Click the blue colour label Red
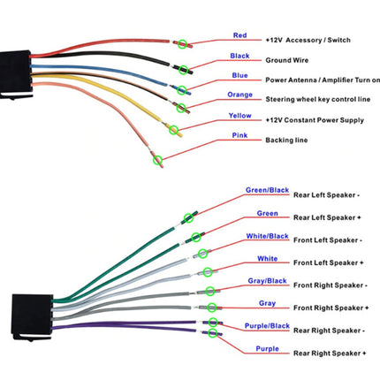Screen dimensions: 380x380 [x=239, y=35]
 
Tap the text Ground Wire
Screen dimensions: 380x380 [x=287, y=60]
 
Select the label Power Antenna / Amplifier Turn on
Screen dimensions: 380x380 [x=323, y=80]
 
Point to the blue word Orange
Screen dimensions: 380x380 [x=239, y=95]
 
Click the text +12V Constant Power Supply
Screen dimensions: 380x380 [x=315, y=120]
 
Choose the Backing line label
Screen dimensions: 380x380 [x=286, y=141]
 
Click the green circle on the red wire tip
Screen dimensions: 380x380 [x=182, y=44]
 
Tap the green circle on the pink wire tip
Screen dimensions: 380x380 [x=157, y=160]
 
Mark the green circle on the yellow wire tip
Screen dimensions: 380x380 [x=174, y=130]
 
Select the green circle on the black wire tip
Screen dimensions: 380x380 [x=183, y=70]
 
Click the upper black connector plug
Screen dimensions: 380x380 [x=15, y=74]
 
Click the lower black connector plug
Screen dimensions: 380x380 [x=32, y=316]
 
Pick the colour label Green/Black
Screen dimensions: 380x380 [x=267, y=190]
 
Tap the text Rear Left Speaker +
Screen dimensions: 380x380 [x=327, y=217]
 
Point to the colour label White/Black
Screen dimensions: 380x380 [x=267, y=236]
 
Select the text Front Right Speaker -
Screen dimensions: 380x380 [x=331, y=285]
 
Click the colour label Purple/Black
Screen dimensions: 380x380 [x=267, y=326]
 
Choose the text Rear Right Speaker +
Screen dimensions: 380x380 [x=330, y=353]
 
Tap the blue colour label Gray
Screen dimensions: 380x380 [x=267, y=303]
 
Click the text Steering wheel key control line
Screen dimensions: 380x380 [x=318, y=99]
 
